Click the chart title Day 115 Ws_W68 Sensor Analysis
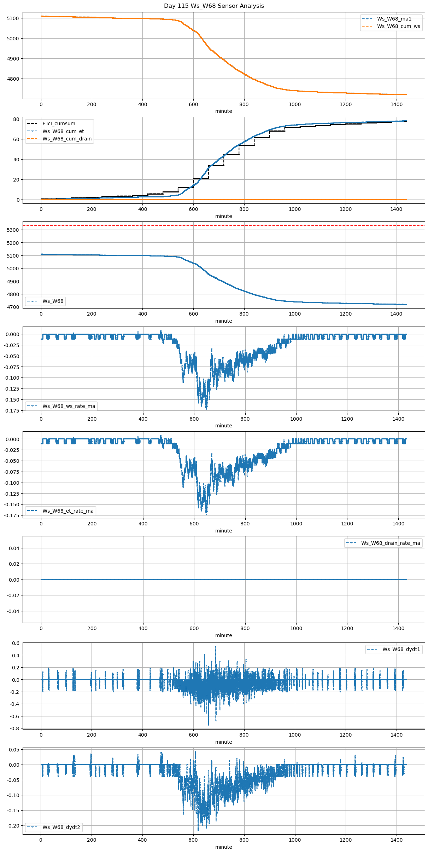pyautogui.click(x=214, y=6)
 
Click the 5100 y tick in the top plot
pyautogui.click(x=13, y=18)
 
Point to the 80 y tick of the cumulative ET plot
pyautogui.click(x=16, y=119)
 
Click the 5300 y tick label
pyautogui.click(x=13, y=230)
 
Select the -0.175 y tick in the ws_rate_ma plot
pyautogui.click(x=12, y=410)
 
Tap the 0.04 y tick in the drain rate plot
pyautogui.click(x=14, y=548)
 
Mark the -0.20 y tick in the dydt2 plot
pyautogui.click(x=13, y=826)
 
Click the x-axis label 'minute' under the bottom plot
pyautogui.click(x=223, y=847)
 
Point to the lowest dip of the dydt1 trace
pyautogui.click(x=209, y=725)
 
